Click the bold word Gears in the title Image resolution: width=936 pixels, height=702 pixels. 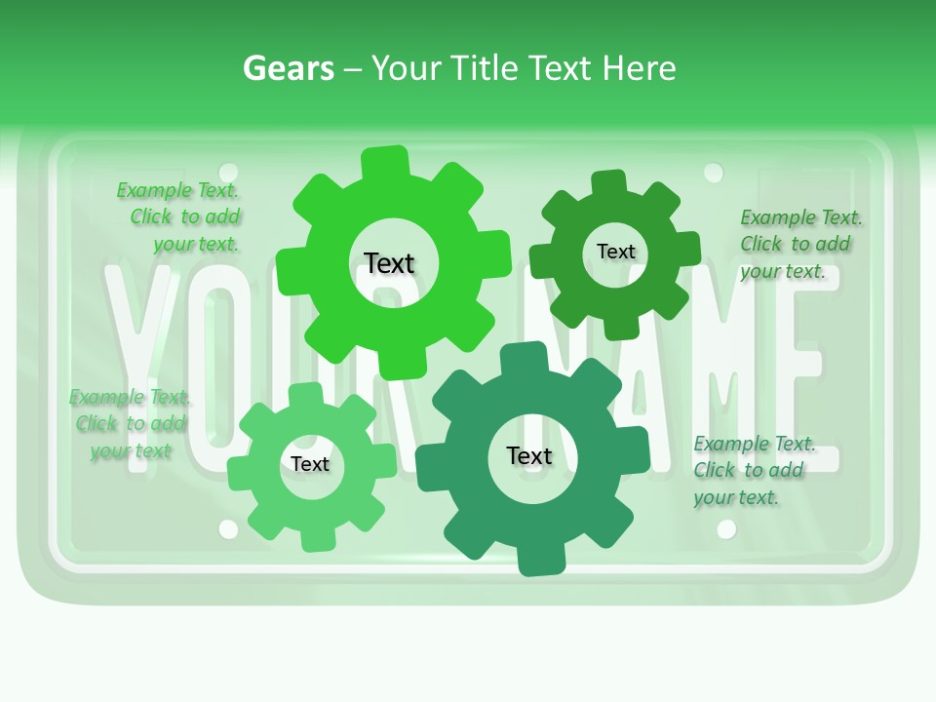(288, 68)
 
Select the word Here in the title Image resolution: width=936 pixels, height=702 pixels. (639, 68)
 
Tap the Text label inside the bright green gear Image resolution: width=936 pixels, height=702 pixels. (389, 263)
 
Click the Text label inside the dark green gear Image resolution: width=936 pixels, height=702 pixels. (615, 252)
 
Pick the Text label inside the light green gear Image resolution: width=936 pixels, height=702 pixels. (310, 464)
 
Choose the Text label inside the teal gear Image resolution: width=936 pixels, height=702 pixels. (529, 455)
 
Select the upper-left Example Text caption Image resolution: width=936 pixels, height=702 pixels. (178, 216)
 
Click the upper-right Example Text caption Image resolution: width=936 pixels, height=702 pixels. (799, 244)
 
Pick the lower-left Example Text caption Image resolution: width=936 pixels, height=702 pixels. (130, 423)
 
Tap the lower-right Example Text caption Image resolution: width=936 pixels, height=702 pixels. (753, 470)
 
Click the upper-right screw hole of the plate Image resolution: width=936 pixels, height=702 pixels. (714, 173)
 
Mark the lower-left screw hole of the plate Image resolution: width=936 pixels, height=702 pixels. (228, 528)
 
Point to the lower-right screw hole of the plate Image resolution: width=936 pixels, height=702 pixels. (725, 528)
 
